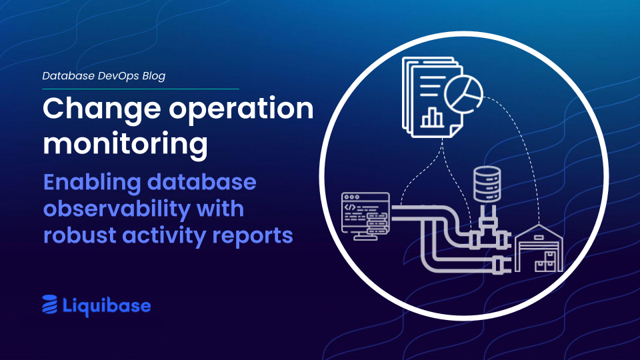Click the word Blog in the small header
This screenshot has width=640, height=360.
point(150,76)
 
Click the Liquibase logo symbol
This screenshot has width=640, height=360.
point(50,305)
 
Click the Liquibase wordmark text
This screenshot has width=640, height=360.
point(107,305)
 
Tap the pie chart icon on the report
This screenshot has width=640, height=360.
point(465,95)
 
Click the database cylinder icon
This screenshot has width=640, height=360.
point(487,185)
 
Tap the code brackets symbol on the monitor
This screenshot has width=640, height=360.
point(351,208)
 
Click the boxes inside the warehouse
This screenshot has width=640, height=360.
point(548,261)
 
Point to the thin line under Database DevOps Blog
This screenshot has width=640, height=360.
point(140,89)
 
